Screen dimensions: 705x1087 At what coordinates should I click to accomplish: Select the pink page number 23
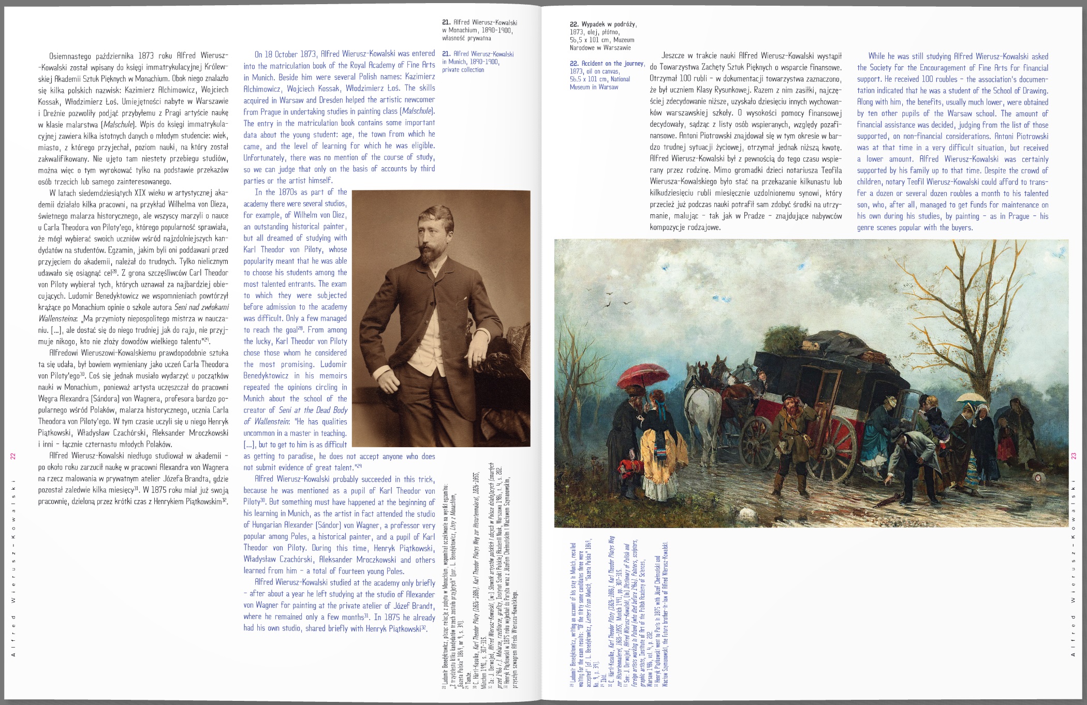tap(1074, 456)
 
